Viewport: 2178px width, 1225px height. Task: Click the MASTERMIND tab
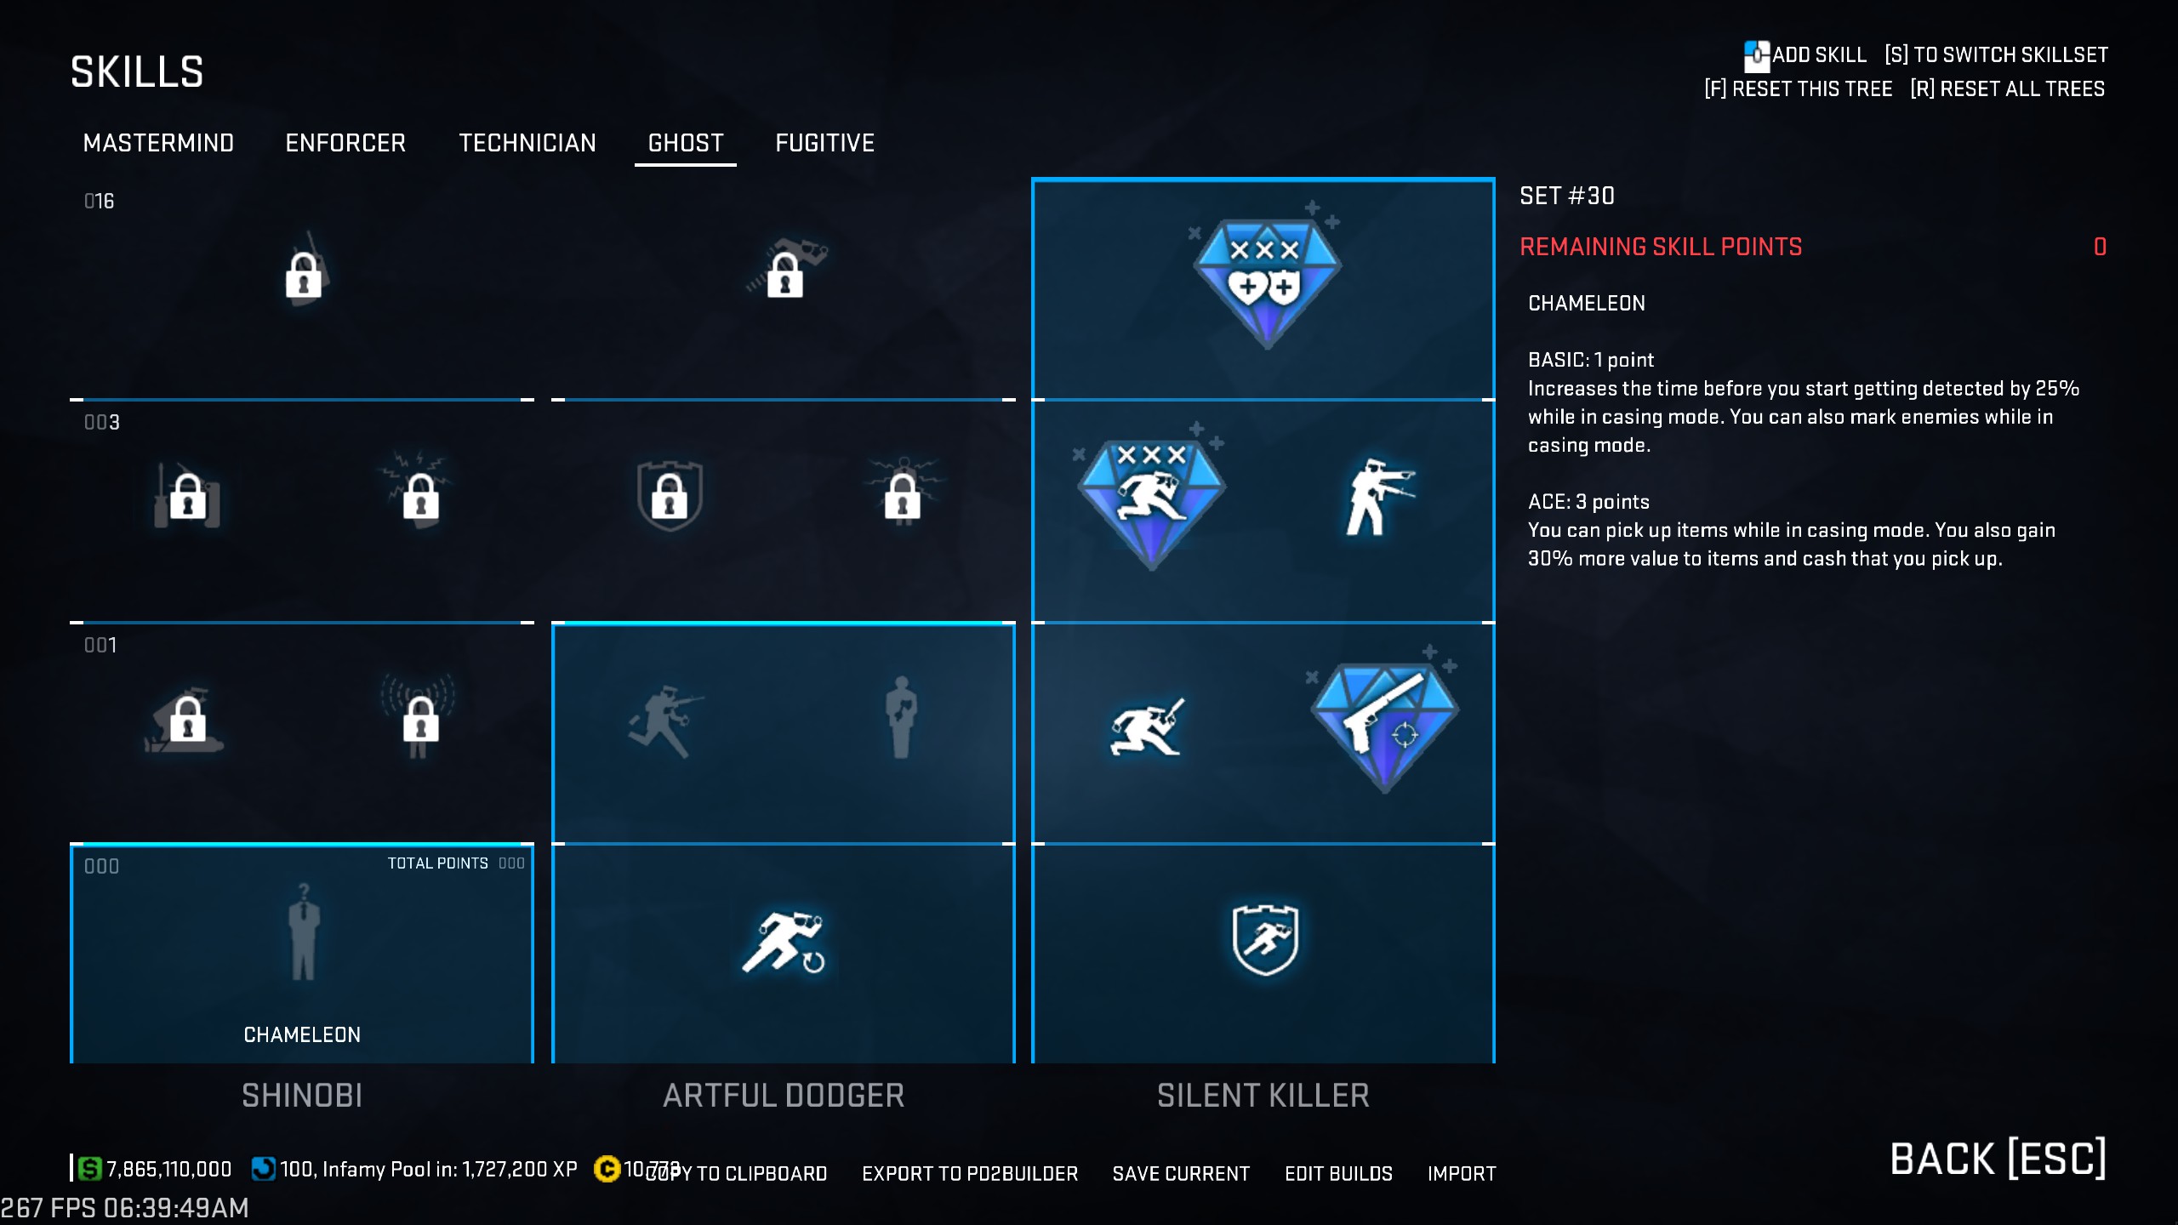(158, 143)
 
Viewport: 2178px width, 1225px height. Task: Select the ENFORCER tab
(345, 143)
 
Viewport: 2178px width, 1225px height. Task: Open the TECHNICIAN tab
(527, 143)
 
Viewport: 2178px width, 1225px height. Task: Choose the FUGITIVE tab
(824, 143)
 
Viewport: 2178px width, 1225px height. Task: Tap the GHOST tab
(686, 143)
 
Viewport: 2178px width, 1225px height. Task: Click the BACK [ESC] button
(1998, 1159)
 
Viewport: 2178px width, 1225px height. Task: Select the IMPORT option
(1461, 1174)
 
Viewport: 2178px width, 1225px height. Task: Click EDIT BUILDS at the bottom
(1338, 1174)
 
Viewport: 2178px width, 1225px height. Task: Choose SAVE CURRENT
(1181, 1174)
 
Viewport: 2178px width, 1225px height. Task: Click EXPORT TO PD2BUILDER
(970, 1174)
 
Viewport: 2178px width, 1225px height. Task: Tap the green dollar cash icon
(89, 1169)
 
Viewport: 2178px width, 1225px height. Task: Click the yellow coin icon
(607, 1169)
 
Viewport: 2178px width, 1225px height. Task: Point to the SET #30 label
(1567, 196)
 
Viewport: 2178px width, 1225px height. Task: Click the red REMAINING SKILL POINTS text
(1661, 247)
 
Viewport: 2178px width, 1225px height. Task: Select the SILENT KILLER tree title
(1263, 1096)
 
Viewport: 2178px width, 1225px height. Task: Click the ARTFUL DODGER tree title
(784, 1096)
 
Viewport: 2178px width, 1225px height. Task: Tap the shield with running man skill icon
(1265, 939)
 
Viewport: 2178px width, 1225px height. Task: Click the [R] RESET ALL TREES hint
(2007, 89)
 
